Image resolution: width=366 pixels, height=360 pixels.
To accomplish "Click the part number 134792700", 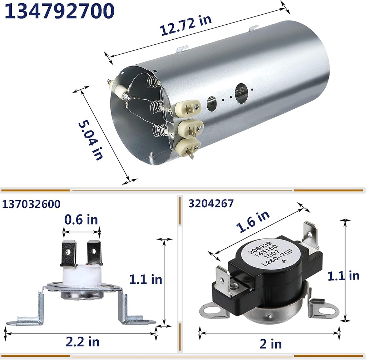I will (x=60, y=11).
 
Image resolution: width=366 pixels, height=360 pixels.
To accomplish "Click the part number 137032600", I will (x=31, y=204).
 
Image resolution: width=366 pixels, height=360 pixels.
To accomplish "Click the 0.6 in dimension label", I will (x=81, y=220).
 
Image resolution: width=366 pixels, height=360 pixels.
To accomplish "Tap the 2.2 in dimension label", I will (x=82, y=341).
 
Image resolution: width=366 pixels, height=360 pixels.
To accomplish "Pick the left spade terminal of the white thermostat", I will (x=69, y=253).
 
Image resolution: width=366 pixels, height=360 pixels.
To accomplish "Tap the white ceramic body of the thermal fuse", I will (x=81, y=276).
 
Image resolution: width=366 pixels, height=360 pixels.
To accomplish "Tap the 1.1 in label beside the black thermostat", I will (x=343, y=276).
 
